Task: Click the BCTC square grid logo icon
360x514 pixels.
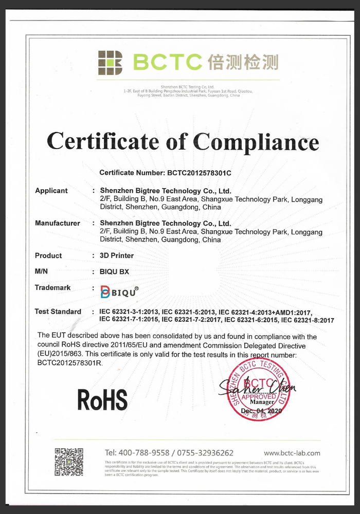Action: (110, 63)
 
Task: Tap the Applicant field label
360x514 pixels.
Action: (51, 191)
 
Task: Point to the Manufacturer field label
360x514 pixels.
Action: (57, 223)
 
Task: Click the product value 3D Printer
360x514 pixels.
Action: (117, 255)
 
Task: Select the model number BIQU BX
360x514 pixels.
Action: (114, 272)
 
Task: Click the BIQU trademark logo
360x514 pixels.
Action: (119, 292)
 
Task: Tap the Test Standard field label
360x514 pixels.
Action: (58, 311)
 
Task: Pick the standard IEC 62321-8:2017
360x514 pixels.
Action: (308, 320)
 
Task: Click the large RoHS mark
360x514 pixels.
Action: (102, 399)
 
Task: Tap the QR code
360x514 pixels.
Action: (69, 462)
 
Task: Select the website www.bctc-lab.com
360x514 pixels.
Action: (292, 453)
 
